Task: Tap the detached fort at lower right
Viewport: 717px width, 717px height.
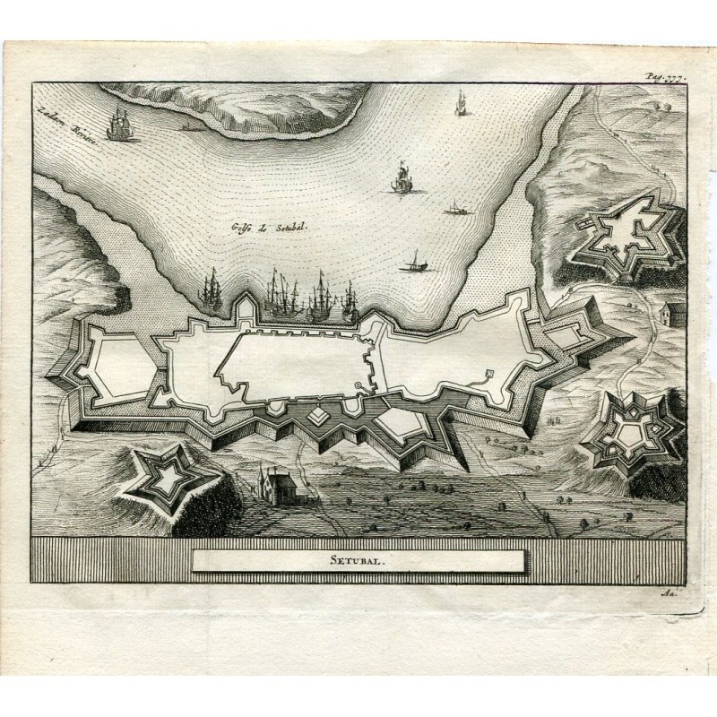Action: click(633, 429)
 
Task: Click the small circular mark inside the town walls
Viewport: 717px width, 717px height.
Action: click(358, 386)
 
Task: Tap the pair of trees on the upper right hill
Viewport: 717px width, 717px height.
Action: click(668, 106)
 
